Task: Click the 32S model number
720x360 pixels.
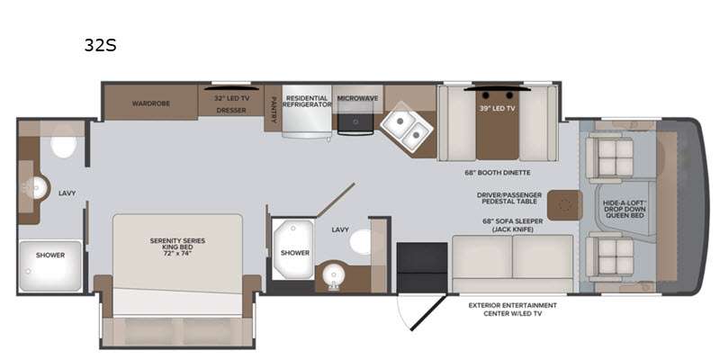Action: pyautogui.click(x=100, y=45)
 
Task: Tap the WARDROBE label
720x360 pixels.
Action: pyautogui.click(x=151, y=103)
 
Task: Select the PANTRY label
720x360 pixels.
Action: pyautogui.click(x=274, y=109)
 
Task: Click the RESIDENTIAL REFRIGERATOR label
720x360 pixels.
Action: pyautogui.click(x=307, y=101)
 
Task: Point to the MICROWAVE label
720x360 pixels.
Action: pyautogui.click(x=357, y=98)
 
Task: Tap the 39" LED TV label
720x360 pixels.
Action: pyautogui.click(x=498, y=109)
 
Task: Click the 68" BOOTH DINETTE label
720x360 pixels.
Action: pyautogui.click(x=498, y=173)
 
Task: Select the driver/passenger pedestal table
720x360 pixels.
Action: pyautogui.click(x=565, y=205)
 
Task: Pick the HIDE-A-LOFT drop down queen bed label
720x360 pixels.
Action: pyautogui.click(x=624, y=209)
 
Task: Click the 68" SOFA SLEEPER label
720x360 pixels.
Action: pyautogui.click(x=512, y=220)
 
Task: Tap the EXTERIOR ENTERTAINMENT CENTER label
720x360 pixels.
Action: pyautogui.click(x=512, y=309)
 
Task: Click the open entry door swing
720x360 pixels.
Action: pyautogui.click(x=421, y=311)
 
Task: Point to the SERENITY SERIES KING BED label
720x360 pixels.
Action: pyautogui.click(x=177, y=247)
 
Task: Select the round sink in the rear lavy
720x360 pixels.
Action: pyautogui.click(x=38, y=187)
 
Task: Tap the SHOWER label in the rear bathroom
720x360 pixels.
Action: pyautogui.click(x=50, y=255)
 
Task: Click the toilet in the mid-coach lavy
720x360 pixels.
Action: pyautogui.click(x=362, y=241)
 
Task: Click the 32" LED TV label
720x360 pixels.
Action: pyautogui.click(x=232, y=98)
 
